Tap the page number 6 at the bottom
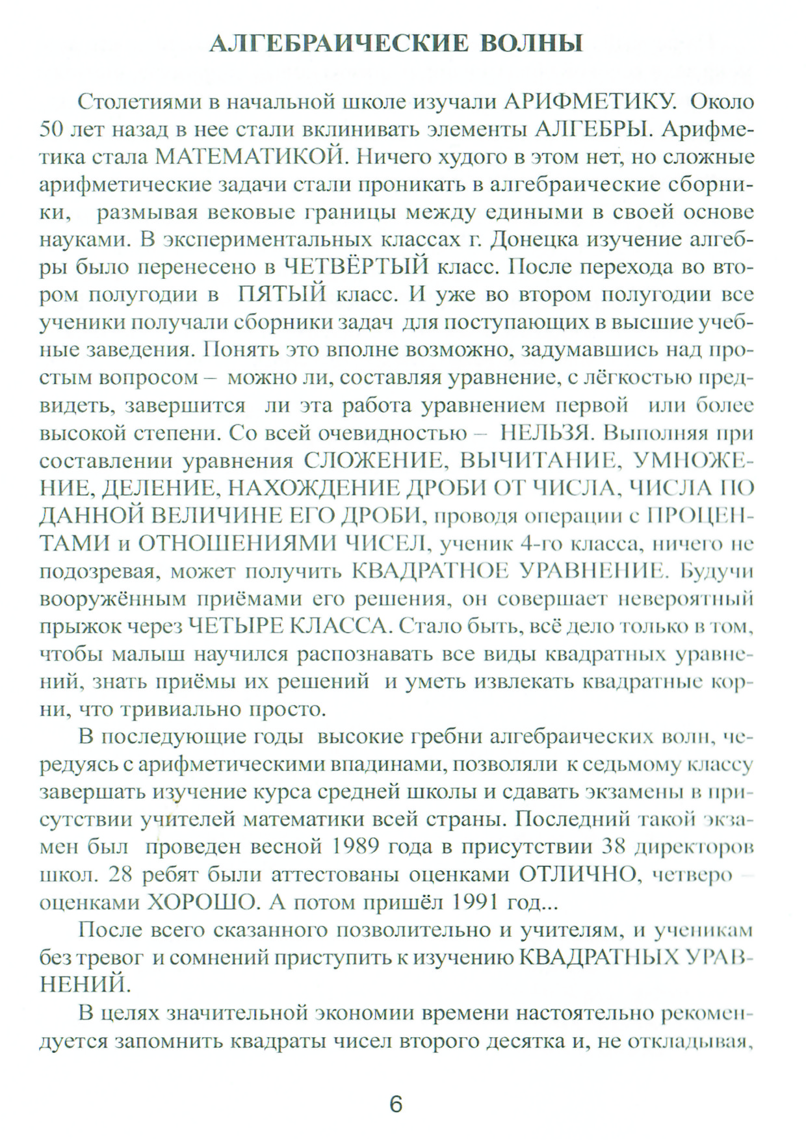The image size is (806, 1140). (x=396, y=1104)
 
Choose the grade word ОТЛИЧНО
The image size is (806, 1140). (x=577, y=875)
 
